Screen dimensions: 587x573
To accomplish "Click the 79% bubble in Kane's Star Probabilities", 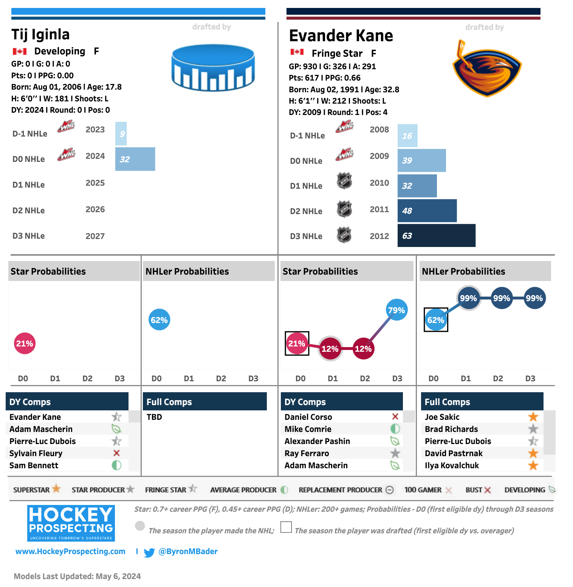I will [x=396, y=310].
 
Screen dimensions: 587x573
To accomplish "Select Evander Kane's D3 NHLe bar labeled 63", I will [x=436, y=236].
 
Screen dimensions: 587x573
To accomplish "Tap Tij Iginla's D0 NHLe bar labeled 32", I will [x=135, y=159].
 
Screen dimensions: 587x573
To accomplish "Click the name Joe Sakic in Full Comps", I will [x=442, y=417].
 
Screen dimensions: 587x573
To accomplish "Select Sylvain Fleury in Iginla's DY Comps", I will [x=36, y=453].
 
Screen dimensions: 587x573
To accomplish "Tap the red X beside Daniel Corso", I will [x=395, y=416].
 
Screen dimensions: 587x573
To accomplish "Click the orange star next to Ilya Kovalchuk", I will [x=533, y=465].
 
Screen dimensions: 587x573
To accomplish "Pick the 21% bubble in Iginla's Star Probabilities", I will [x=25, y=343].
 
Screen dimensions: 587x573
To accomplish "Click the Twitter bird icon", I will [x=149, y=553].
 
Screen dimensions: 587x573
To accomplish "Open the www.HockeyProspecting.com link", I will [x=70, y=551].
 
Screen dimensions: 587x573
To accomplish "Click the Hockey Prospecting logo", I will [x=71, y=523].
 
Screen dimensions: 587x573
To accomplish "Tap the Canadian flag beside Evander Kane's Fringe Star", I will [x=297, y=52].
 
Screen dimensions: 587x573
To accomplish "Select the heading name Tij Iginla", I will [x=40, y=34].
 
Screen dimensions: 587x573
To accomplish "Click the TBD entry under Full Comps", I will [x=154, y=417].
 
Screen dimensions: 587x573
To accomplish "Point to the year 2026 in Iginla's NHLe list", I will [x=95, y=210].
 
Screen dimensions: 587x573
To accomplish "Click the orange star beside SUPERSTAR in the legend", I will [x=56, y=489].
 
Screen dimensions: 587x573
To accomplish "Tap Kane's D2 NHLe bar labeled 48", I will [x=427, y=211].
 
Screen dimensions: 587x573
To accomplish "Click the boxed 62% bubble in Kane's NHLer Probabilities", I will [x=436, y=320].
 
